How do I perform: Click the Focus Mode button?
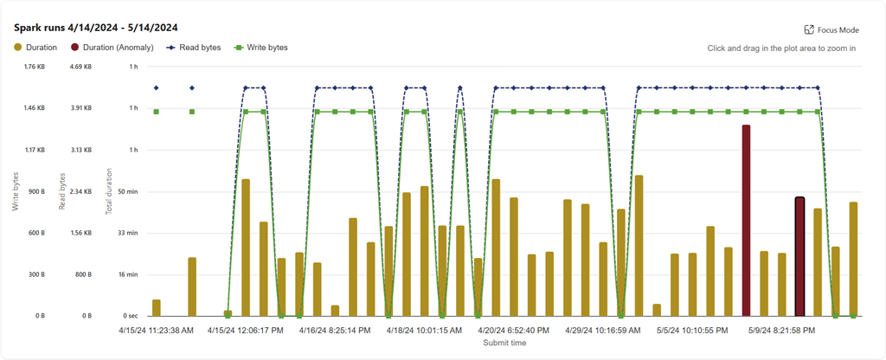click(831, 29)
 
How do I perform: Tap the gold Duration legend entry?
click(35, 47)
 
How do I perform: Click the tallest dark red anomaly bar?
click(746, 220)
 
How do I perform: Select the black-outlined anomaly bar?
click(799, 256)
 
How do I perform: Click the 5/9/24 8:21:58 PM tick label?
click(783, 330)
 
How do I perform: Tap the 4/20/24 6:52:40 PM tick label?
click(514, 330)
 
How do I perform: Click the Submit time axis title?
click(504, 343)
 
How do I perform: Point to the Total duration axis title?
click(110, 191)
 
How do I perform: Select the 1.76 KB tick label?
click(34, 67)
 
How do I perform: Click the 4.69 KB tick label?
click(80, 67)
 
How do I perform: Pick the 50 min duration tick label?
click(126, 191)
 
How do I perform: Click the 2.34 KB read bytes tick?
click(80, 191)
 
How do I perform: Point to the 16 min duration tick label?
click(126, 274)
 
